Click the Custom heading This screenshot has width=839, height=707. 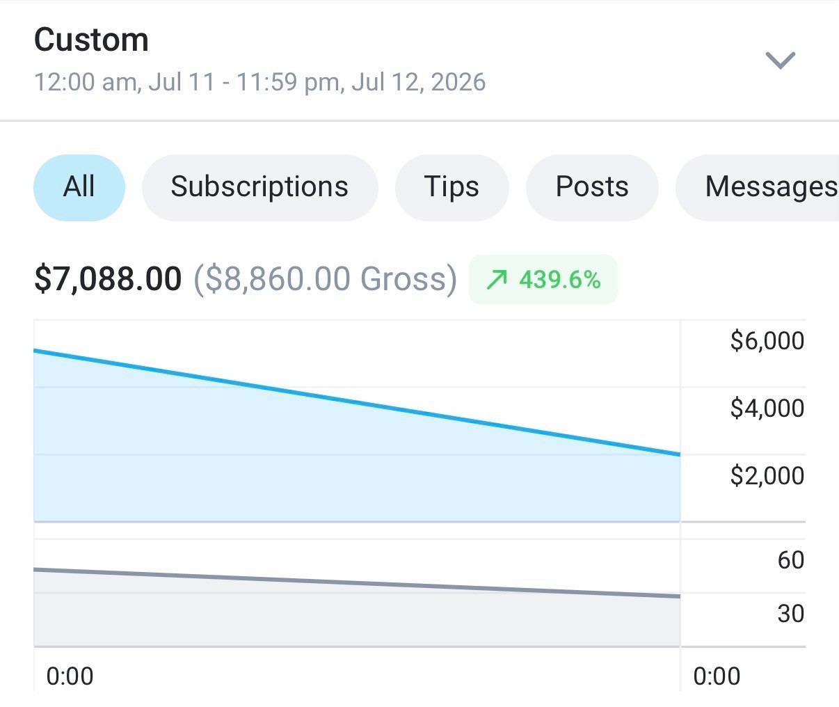(91, 40)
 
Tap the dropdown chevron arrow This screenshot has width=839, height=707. (781, 61)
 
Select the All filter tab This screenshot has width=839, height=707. (79, 187)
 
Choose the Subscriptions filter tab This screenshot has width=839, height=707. (259, 187)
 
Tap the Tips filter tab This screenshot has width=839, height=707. (452, 187)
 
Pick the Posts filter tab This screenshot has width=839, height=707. (592, 187)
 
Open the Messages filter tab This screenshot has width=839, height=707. (758, 187)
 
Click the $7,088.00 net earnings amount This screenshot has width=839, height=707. (108, 278)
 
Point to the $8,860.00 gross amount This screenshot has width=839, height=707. (278, 278)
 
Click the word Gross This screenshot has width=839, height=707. (403, 278)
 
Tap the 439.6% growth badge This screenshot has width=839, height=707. (543, 279)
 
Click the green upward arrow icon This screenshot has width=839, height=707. (497, 280)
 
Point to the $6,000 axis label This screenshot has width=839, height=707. (767, 340)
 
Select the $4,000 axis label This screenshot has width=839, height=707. (767, 408)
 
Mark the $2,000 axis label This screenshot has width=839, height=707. (767, 475)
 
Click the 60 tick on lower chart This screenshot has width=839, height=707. (790, 560)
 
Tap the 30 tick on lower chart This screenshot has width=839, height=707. (790, 614)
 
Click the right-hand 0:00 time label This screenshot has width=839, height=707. (717, 676)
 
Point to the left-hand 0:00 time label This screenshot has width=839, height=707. (70, 676)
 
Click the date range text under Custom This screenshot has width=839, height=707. (260, 82)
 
